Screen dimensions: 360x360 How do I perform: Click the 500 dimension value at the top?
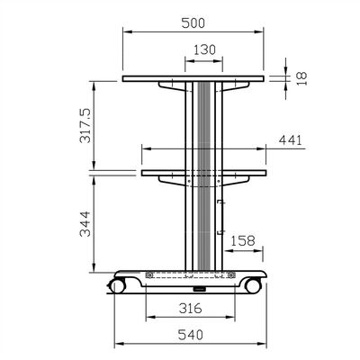click(193, 23)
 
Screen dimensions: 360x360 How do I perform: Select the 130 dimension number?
click(204, 49)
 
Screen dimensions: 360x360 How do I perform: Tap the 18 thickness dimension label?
click(301, 78)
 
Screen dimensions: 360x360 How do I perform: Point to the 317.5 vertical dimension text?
click(85, 125)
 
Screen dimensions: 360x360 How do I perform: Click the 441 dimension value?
click(290, 140)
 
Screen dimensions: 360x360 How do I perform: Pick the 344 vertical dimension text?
click(85, 224)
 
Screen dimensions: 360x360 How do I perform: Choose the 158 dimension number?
click(243, 240)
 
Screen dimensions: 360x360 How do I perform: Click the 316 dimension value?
click(191, 308)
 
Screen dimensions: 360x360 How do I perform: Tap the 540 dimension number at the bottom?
click(191, 335)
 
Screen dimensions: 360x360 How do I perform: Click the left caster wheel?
click(117, 285)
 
